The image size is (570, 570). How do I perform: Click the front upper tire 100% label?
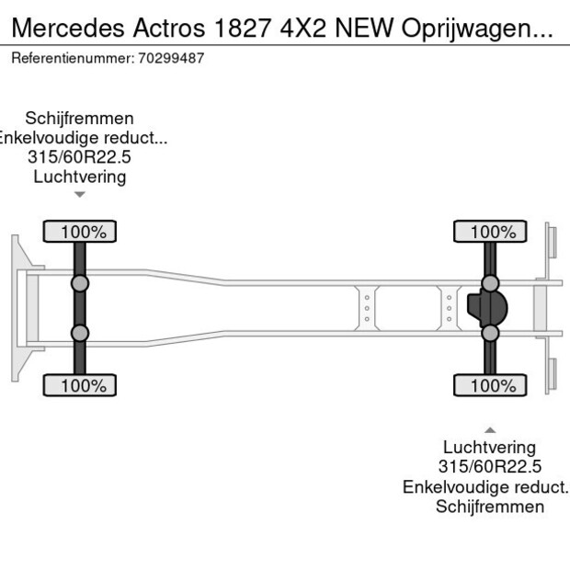point(80,232)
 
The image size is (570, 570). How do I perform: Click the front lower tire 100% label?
point(80,386)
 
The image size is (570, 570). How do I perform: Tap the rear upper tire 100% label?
point(490,232)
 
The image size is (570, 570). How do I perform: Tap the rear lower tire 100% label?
point(490,386)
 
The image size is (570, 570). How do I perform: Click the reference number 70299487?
point(174,58)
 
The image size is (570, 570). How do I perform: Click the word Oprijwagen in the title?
point(475,28)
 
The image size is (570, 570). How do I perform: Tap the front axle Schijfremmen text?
point(80,119)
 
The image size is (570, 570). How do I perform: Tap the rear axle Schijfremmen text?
point(490,507)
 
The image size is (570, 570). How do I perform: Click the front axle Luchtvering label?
point(80,177)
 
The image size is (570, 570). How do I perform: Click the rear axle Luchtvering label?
point(490,448)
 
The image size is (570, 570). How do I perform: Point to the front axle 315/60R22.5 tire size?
point(80,157)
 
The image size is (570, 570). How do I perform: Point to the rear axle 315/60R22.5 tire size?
point(490,467)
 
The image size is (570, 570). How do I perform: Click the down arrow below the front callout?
point(80,194)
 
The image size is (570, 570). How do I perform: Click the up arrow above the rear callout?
point(490,429)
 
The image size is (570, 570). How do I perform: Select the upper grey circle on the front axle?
point(80,283)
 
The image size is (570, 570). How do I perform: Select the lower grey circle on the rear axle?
point(490,334)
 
